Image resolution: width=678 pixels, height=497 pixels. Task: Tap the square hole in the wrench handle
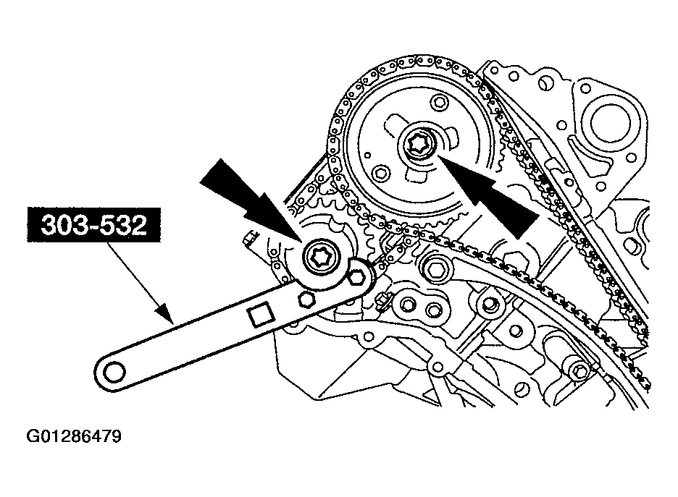259,316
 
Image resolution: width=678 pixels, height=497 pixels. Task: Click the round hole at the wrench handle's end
114,371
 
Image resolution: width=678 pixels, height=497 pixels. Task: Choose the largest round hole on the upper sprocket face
381,174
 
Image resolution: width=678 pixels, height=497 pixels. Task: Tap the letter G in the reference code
33,436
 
